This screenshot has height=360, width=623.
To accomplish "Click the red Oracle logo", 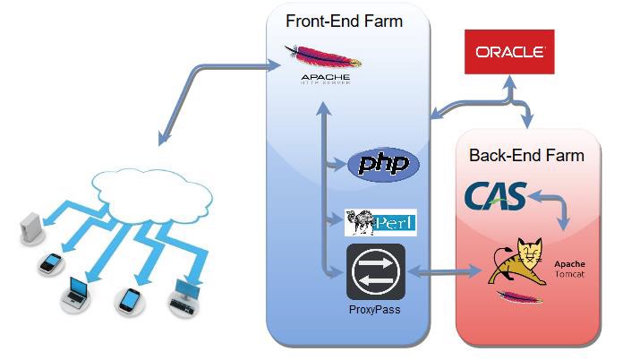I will click(x=509, y=51).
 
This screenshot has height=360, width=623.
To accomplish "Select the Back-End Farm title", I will click(x=526, y=155).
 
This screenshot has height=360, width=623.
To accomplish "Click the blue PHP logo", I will click(x=382, y=164).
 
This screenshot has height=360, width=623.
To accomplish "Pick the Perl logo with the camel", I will click(x=380, y=221).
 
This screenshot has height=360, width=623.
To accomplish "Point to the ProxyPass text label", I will click(x=376, y=311).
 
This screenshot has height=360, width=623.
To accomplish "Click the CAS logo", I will click(x=494, y=197).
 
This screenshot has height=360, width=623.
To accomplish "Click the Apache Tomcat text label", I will click(x=569, y=270).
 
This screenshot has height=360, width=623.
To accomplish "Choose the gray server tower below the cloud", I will click(x=30, y=227).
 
